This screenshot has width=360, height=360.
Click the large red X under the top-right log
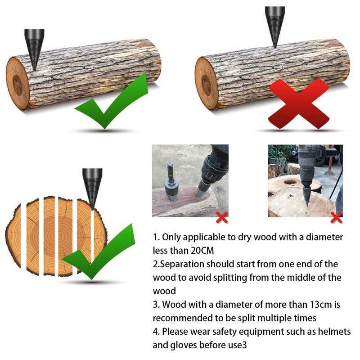click(298, 103)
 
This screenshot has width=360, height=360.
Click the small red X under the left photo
click(222, 218)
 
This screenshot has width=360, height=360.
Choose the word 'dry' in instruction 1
click(245, 237)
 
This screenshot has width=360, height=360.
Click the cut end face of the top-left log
click(18, 83)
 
